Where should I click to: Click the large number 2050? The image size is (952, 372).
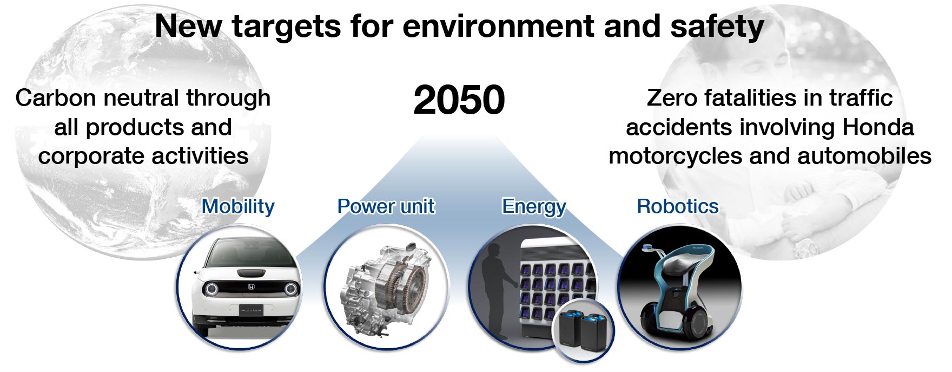coord(459,100)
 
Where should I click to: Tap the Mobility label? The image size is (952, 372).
coord(238,207)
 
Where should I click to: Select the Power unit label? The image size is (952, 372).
coord(386,206)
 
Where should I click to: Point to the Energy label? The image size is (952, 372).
coord(534,207)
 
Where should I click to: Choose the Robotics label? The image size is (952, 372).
coord(678,206)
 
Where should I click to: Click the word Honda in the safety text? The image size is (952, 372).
coord(878,127)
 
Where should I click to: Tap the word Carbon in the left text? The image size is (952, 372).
coord(56,98)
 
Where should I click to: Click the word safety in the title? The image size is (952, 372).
coord(717,27)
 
